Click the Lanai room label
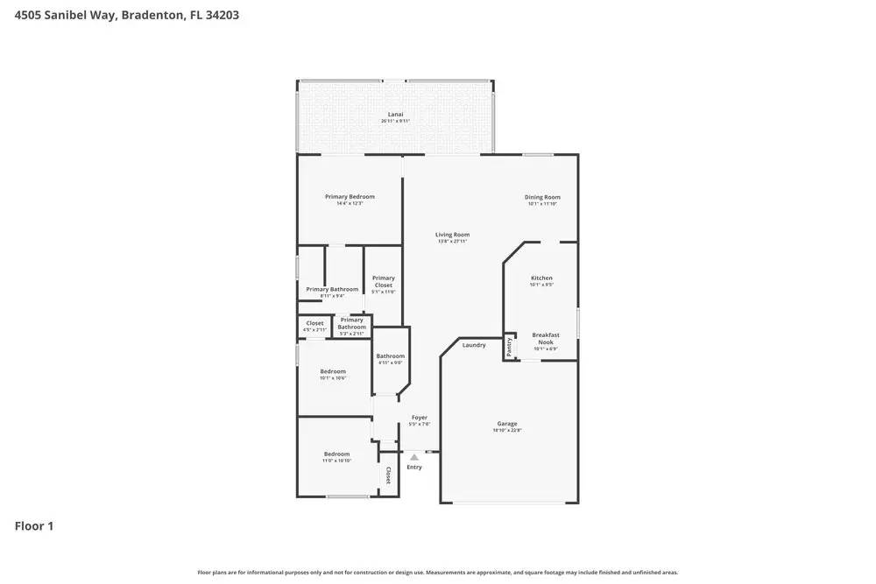click(395, 115)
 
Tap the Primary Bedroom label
click(350, 197)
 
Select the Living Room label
click(453, 235)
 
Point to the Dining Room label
click(542, 197)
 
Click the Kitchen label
click(541, 278)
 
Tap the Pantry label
click(509, 347)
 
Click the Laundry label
click(474, 345)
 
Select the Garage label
click(507, 424)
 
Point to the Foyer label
click(419, 418)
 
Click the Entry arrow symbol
click(414, 457)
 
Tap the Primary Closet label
click(384, 281)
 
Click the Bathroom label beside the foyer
click(391, 356)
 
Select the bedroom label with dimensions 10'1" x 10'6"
click(333, 372)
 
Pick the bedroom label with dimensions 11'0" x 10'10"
click(337, 454)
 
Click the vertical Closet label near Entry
click(388, 475)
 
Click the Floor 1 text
click(34, 526)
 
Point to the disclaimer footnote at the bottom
click(438, 573)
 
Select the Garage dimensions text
click(507, 431)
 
